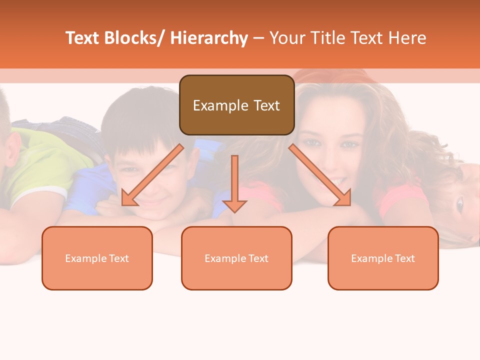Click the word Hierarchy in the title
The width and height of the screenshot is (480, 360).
pyautogui.click(x=209, y=38)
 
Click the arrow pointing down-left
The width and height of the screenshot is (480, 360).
pyautogui.click(x=152, y=175)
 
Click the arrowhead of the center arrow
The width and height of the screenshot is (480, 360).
pyautogui.click(x=234, y=206)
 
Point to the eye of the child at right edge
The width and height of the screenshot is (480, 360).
pyautogui.click(x=459, y=203)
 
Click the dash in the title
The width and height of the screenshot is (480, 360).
pyautogui.click(x=258, y=38)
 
